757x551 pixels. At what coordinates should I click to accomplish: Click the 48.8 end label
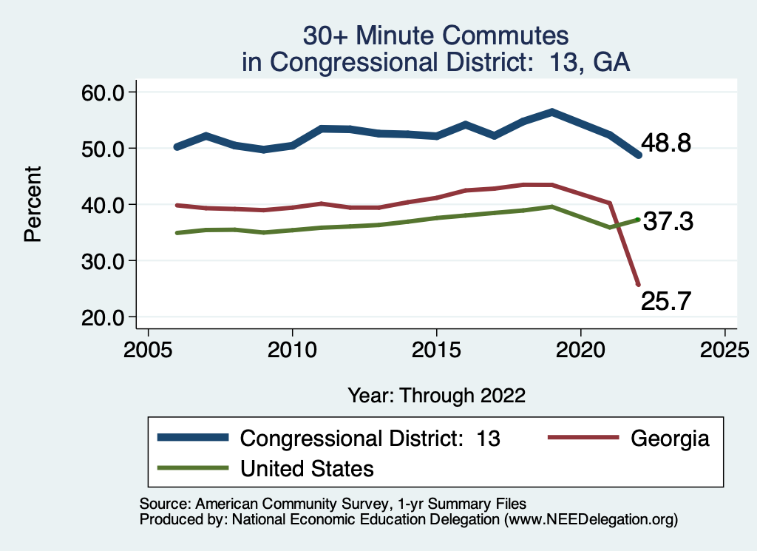(666, 143)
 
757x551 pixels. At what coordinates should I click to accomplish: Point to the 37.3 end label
(668, 221)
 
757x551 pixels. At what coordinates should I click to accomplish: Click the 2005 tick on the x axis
(148, 348)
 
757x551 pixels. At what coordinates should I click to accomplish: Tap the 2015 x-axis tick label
(436, 348)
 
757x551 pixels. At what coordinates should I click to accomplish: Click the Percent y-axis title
(32, 204)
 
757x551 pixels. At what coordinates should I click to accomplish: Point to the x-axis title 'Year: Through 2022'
(436, 395)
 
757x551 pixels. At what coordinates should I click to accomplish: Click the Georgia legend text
(670, 438)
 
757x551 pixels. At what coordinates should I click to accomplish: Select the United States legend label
(307, 468)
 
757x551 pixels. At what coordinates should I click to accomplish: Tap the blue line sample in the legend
(193, 438)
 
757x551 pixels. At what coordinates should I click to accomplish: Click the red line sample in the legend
(583, 438)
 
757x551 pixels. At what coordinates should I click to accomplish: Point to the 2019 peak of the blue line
(551, 112)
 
